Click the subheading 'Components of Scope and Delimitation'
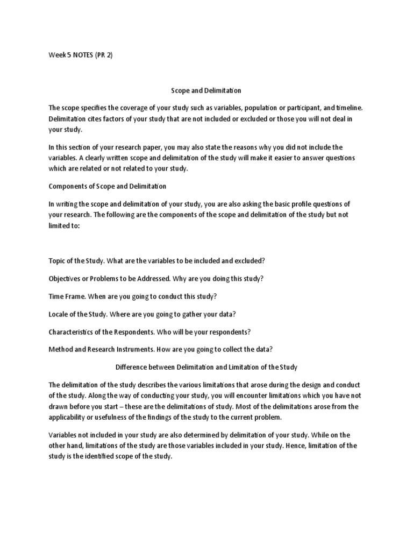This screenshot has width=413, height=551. (108, 186)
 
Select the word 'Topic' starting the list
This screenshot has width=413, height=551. (57, 261)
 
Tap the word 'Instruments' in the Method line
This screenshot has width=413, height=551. (137, 349)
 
